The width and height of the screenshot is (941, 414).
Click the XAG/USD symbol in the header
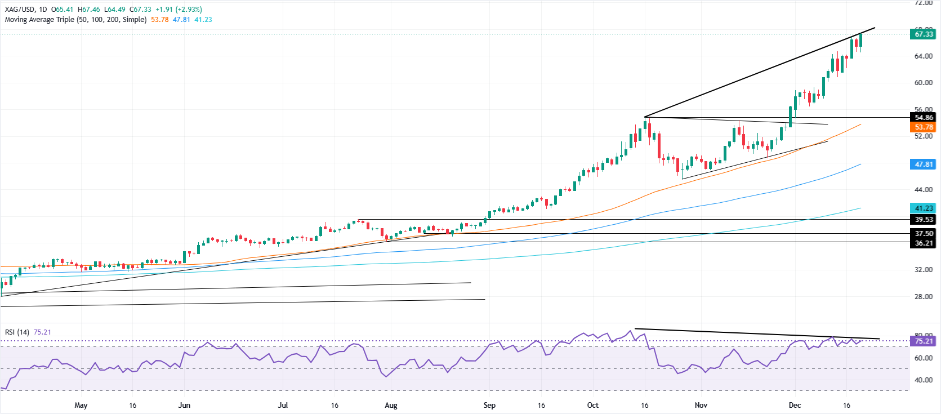click(x=20, y=10)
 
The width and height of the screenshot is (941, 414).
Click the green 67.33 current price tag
click(x=923, y=34)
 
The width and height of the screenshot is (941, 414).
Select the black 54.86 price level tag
click(x=923, y=118)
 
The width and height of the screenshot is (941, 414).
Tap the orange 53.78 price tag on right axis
click(x=923, y=127)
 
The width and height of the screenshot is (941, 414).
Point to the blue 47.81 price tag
click(x=923, y=164)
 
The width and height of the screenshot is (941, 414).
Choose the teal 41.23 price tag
click(x=923, y=208)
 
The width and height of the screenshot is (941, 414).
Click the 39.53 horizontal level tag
click(x=923, y=220)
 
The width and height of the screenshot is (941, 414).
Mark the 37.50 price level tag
click(x=923, y=233)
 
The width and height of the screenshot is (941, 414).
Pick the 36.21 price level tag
click(x=923, y=243)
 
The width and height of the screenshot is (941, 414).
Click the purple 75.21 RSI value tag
click(x=923, y=341)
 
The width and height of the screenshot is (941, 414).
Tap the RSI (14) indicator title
click(x=17, y=332)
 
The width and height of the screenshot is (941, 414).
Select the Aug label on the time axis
click(x=391, y=406)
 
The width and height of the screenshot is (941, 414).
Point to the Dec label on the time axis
click(x=795, y=406)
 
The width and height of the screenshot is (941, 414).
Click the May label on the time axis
click(x=81, y=406)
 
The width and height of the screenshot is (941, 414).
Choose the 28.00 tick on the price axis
click(x=923, y=297)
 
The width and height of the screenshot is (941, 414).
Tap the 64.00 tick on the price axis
click(x=923, y=56)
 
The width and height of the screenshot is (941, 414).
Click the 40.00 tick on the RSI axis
click(x=923, y=380)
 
